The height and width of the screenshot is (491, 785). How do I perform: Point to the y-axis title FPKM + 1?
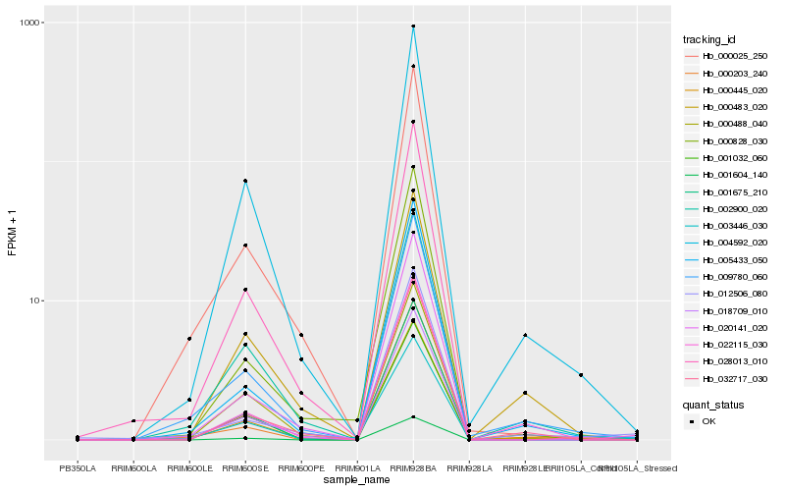pyautogui.click(x=12, y=232)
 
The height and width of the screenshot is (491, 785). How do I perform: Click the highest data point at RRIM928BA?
pyautogui.click(x=413, y=27)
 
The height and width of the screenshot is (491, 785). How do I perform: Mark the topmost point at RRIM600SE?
pyautogui.click(x=245, y=181)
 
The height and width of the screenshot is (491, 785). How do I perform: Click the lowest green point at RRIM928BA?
pyautogui.click(x=413, y=416)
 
